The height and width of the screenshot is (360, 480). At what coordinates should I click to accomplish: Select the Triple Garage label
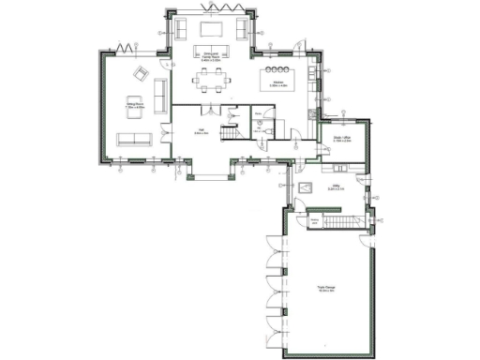click(x=326, y=289)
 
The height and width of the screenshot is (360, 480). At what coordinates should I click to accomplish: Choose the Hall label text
click(x=200, y=132)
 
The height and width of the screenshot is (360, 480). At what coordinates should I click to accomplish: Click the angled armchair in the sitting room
click(x=141, y=74)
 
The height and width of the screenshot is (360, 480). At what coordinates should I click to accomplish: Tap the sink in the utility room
click(x=306, y=188)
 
